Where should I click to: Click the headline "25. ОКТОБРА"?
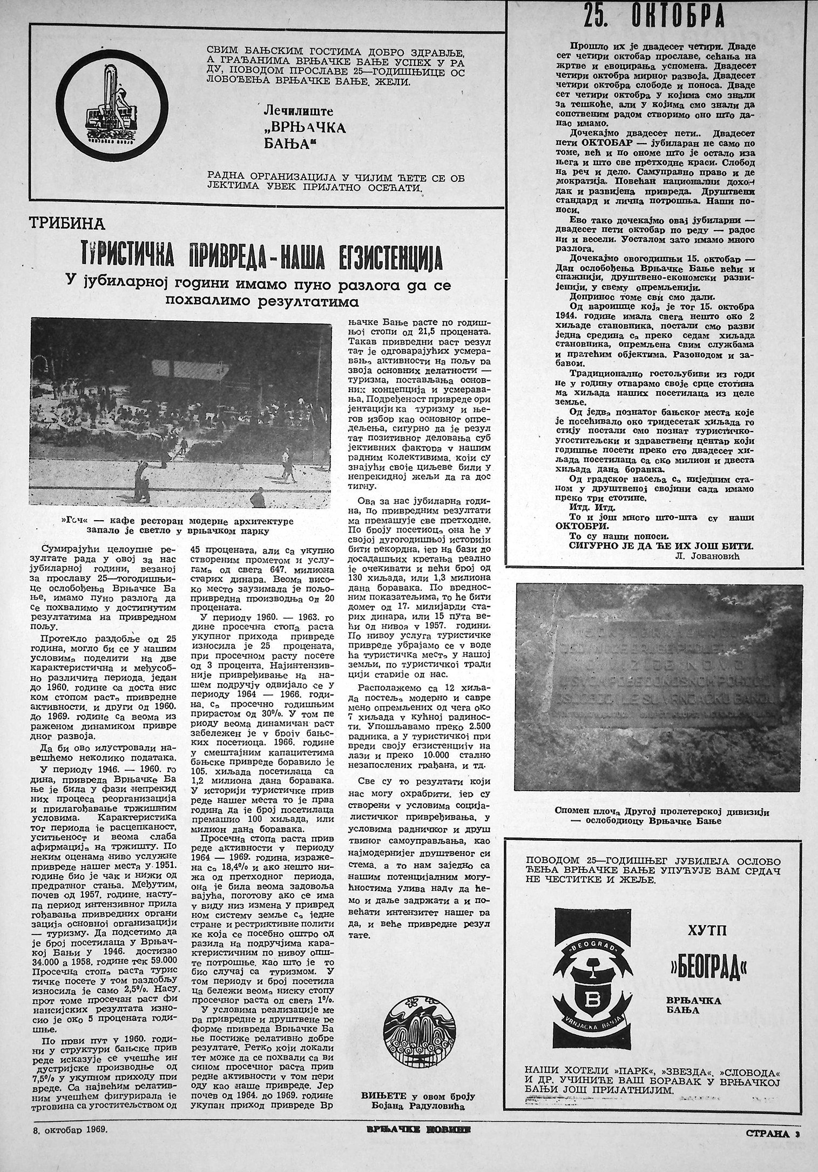(x=653, y=17)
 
